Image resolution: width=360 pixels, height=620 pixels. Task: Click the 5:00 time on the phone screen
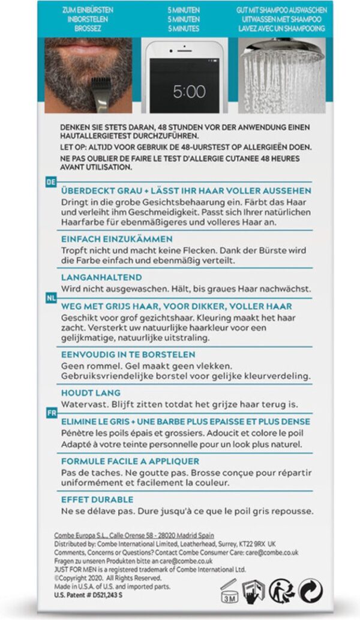pos(189,92)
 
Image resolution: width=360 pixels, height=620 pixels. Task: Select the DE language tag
pos(51,180)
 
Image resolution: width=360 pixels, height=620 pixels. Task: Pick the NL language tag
pos(51,298)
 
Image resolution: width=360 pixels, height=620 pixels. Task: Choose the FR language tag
pos(51,414)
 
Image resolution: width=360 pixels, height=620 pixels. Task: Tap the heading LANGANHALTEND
pos(101,277)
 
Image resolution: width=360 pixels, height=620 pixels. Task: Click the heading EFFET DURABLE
pos(97,499)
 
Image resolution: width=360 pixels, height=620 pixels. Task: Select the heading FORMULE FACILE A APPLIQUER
pos(130,461)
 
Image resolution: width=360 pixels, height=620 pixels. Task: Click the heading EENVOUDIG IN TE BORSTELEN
pos(128,354)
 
